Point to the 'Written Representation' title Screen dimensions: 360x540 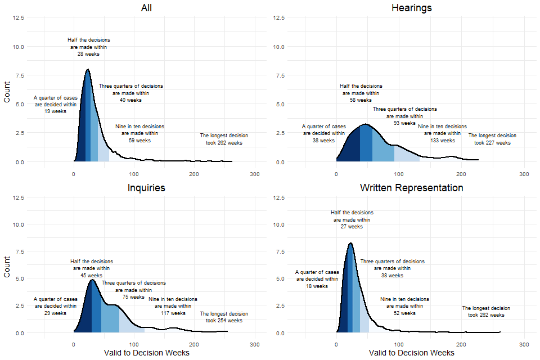click(x=411, y=188)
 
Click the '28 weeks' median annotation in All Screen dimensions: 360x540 click(x=88, y=55)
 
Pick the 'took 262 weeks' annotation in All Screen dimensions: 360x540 click(x=224, y=143)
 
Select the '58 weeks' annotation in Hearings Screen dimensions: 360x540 click(x=361, y=100)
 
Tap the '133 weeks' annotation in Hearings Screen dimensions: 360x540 click(x=442, y=141)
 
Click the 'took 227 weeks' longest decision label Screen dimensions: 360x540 click(x=492, y=143)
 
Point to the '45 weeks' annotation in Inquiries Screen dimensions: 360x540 click(x=91, y=276)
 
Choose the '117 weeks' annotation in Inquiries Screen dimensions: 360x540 click(x=173, y=313)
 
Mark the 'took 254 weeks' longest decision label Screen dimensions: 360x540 click(x=224, y=321)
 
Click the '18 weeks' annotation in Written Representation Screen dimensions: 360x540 click(x=317, y=286)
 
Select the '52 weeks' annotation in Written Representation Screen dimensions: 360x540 click(x=404, y=313)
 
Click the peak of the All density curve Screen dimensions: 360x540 click(x=88, y=70)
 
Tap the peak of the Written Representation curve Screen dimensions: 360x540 click(x=350, y=244)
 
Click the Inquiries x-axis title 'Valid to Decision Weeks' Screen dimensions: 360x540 click(x=147, y=353)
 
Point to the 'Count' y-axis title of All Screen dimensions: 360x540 click(x=7, y=90)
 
